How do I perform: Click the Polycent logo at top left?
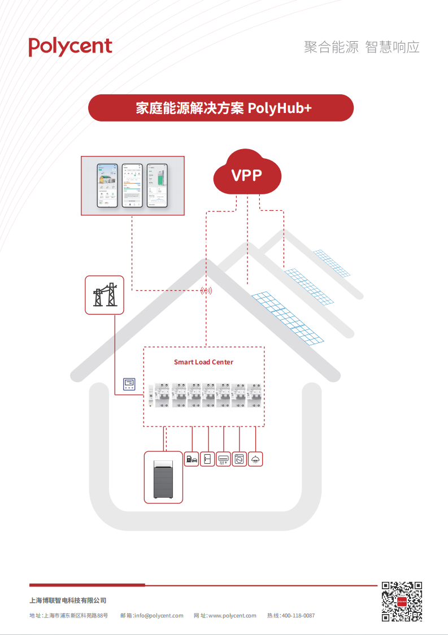(x=71, y=46)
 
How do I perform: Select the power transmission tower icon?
(x=104, y=295)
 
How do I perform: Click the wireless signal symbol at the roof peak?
(x=206, y=291)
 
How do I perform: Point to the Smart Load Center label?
(x=203, y=362)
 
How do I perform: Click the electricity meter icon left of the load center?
(x=129, y=385)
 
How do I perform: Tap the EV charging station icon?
(x=192, y=459)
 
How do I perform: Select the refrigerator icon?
(x=207, y=459)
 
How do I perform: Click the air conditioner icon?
(x=224, y=459)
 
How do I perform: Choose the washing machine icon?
(x=240, y=459)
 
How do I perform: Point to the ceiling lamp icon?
(x=256, y=459)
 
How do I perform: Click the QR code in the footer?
(x=402, y=602)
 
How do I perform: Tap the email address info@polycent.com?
(x=159, y=616)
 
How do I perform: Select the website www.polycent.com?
(x=232, y=616)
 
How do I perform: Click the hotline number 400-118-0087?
(x=298, y=616)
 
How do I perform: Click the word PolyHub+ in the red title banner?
(x=280, y=108)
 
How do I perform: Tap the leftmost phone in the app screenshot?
(x=107, y=185)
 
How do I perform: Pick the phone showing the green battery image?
(x=157, y=185)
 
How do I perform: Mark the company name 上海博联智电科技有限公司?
(x=68, y=601)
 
